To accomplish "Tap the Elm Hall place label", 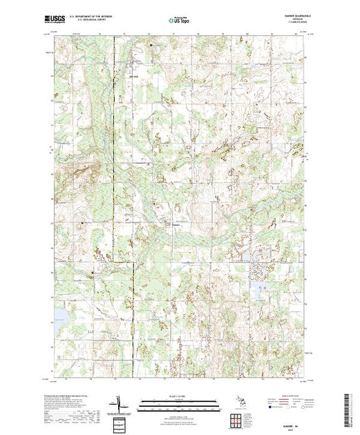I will click(136, 68).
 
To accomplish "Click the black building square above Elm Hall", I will click(153, 46).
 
